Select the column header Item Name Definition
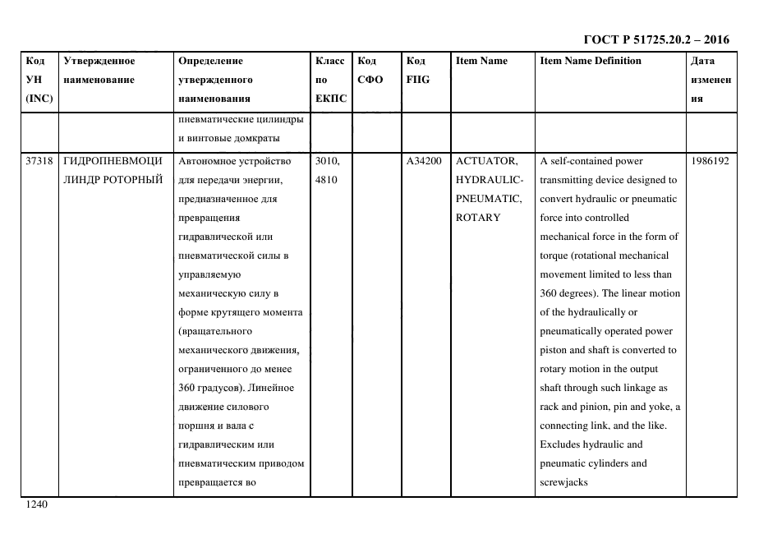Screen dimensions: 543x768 pos(590,61)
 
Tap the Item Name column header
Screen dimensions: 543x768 pos(481,61)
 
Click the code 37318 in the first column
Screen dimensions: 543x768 pos(39,161)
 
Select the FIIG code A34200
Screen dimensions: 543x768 pos(424,161)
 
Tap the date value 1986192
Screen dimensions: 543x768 pos(711,161)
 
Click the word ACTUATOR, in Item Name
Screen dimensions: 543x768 pos(486,161)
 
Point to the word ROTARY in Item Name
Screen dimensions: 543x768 pos(478,218)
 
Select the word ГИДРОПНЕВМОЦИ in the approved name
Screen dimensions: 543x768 pos(113,161)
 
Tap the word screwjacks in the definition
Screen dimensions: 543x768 pos(563,482)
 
